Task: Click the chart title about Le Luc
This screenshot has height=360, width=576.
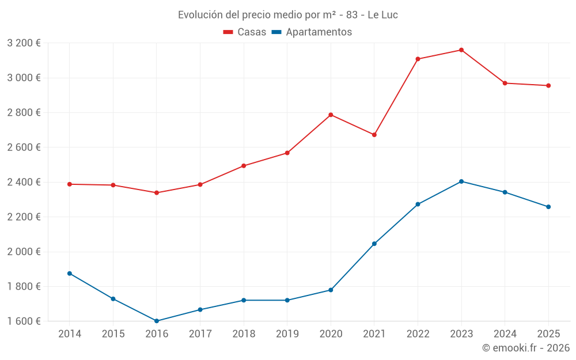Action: tap(287, 14)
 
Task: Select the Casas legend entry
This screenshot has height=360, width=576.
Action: tap(245, 32)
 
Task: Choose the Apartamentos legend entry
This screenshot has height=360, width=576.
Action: tap(312, 32)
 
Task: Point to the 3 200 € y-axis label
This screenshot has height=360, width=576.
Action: tap(24, 43)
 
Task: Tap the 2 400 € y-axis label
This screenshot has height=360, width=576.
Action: tap(24, 182)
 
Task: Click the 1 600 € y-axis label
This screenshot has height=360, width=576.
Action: tap(24, 321)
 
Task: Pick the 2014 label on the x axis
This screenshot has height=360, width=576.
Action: tap(70, 334)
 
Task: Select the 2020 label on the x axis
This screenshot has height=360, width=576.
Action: tap(331, 334)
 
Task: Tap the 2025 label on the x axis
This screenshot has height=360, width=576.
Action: tap(548, 334)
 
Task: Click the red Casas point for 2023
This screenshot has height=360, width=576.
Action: tap(461, 50)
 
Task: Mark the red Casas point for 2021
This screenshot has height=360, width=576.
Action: tap(374, 135)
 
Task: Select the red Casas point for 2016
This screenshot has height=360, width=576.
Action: tap(157, 192)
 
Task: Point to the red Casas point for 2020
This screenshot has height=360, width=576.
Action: tap(331, 115)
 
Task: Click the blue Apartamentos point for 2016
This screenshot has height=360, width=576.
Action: tap(157, 321)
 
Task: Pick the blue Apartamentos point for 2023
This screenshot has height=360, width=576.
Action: tap(461, 181)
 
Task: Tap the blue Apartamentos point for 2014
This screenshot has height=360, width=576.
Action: tap(70, 273)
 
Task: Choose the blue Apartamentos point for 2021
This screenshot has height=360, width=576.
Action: tap(374, 244)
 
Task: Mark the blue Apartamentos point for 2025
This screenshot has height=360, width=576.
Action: tap(548, 207)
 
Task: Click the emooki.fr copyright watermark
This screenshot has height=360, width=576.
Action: tap(526, 348)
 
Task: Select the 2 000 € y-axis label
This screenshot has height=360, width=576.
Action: tap(24, 252)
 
